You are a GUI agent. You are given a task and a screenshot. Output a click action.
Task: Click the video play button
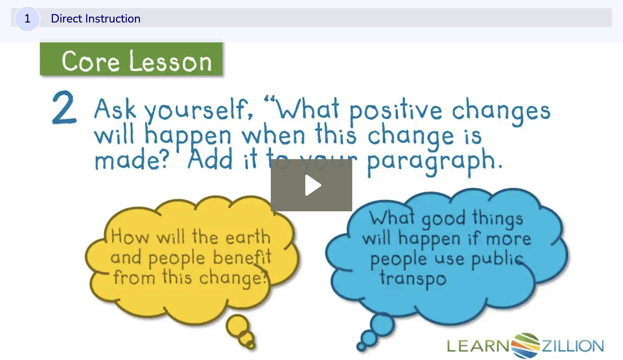pos(311,185)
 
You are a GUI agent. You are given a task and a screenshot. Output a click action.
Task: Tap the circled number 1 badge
pos(27,19)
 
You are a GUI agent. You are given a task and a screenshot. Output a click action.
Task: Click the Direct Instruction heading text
pos(95,19)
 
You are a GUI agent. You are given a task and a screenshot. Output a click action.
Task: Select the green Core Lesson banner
pos(131,59)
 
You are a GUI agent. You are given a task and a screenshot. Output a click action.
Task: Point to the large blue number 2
pos(64,108)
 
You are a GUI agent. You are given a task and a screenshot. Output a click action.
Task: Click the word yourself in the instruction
pos(198,110)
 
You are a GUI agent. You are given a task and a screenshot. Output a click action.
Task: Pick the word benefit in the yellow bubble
pos(242,258)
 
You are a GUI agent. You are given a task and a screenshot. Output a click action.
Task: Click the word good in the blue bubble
pos(443,219)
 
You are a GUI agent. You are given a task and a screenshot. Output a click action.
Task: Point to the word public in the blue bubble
pos(497,259)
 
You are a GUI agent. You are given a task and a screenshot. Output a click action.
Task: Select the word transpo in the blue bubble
pos(413,279)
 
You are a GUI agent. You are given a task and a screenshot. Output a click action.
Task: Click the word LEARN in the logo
pos(477,346)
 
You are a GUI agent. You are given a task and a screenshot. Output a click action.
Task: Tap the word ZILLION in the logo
pos(572,346)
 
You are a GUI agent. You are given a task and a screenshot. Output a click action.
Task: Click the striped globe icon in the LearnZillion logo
pos(525,345)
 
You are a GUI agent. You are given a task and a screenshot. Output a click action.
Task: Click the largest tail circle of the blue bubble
pos(382,325)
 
